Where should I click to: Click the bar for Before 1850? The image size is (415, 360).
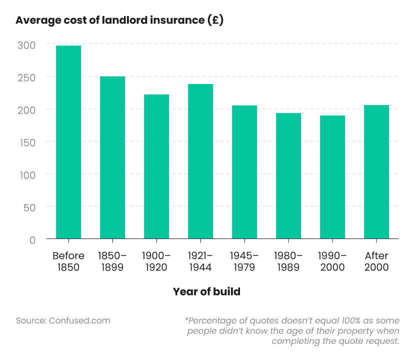[68, 142]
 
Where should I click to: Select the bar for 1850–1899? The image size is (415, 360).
[112, 157]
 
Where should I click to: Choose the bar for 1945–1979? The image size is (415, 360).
[244, 172]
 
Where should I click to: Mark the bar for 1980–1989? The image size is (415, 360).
[288, 175]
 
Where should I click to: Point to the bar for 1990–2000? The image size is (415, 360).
[332, 177]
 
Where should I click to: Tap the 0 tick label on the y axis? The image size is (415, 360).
[32, 239]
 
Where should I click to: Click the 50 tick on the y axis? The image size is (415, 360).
[29, 207]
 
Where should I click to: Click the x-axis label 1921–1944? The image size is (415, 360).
[200, 261]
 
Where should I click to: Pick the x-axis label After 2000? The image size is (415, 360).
[376, 261]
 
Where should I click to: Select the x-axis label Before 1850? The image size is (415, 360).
[68, 261]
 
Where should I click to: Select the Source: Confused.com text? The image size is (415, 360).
[63, 320]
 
